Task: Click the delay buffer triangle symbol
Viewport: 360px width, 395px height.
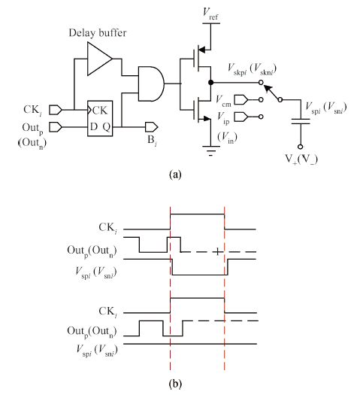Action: pos(99,59)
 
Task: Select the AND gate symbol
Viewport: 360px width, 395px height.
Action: pos(151,84)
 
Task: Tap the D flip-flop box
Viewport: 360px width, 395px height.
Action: pos(100,118)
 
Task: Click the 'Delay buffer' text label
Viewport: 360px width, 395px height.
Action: pos(98,33)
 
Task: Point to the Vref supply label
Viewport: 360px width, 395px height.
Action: pos(210,13)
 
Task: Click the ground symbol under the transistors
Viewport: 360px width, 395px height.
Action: pos(211,150)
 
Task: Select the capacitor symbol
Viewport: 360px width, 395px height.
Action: pos(301,121)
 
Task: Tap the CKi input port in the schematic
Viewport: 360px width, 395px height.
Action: pos(56,110)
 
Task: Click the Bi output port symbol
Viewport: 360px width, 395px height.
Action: pos(152,127)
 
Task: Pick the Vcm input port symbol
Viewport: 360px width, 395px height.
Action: pos(241,100)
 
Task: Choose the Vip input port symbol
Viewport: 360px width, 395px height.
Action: pos(241,117)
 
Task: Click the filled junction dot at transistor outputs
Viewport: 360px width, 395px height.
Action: pos(211,82)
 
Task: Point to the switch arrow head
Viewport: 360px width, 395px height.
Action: pos(267,88)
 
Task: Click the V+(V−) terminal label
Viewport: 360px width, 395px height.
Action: pos(301,160)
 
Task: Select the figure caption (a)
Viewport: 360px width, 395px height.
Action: pos(175,175)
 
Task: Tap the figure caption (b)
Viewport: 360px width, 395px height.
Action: pos(175,384)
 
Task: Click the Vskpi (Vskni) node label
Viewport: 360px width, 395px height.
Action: pos(252,68)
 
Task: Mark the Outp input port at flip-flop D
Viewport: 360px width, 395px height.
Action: pos(56,127)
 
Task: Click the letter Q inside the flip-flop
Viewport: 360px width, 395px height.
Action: pos(107,127)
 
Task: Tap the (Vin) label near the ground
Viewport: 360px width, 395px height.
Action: pos(228,138)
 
